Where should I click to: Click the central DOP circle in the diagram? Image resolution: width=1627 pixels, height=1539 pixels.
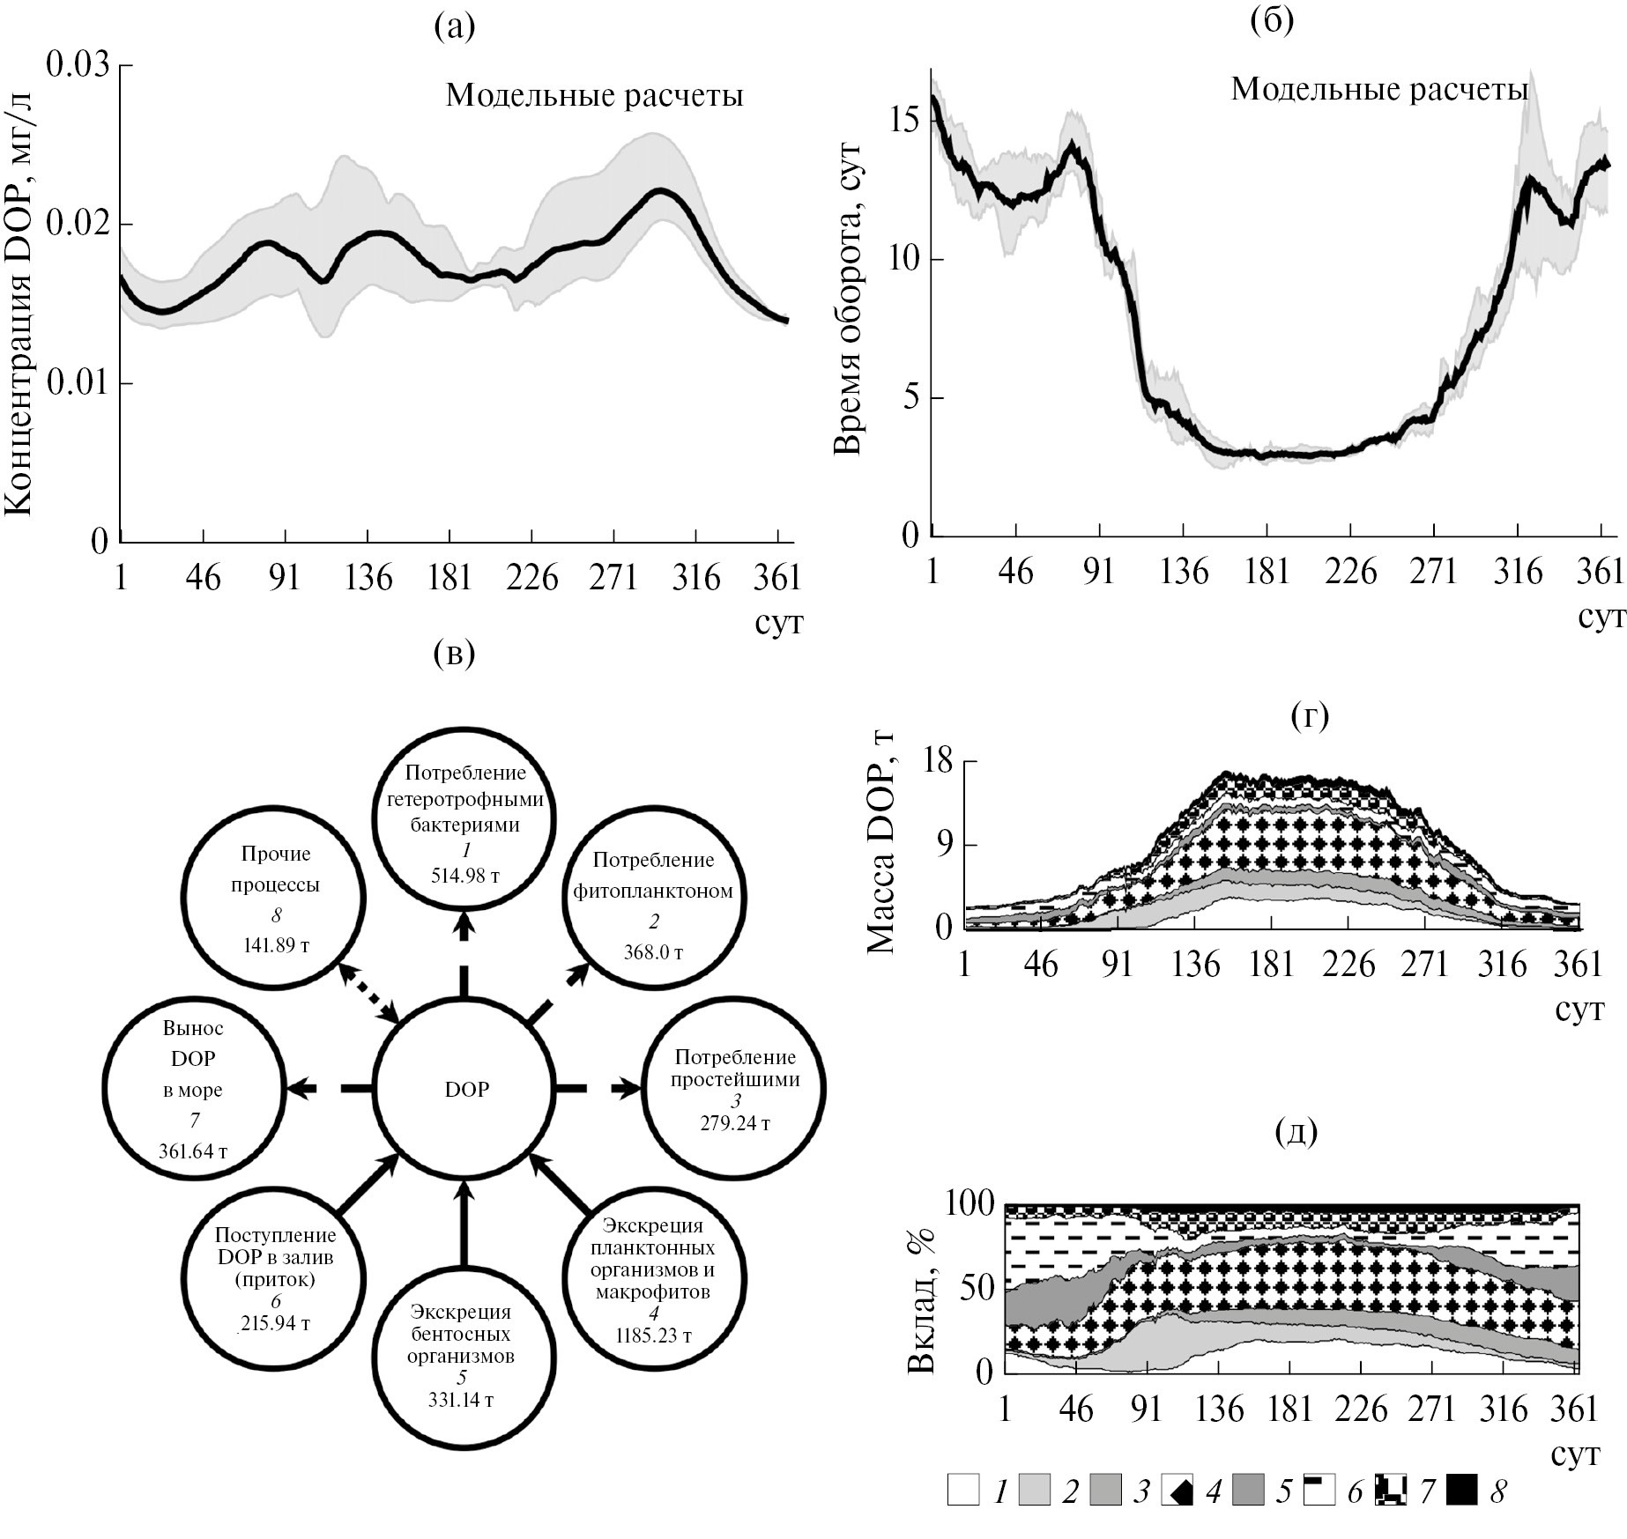pyautogui.click(x=465, y=1089)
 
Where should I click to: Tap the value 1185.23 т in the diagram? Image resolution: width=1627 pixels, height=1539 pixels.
pyautogui.click(x=654, y=1336)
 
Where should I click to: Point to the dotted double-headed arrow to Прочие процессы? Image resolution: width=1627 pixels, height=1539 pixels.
pyautogui.click(x=369, y=993)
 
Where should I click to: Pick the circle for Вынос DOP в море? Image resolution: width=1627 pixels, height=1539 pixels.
pyautogui.click(x=193, y=1089)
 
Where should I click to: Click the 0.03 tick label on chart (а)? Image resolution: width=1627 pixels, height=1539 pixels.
pyautogui.click(x=78, y=65)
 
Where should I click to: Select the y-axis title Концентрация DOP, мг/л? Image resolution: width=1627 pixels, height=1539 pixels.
pyautogui.click(x=19, y=303)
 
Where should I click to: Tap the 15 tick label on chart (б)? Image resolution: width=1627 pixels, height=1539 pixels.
pyautogui.click(x=904, y=121)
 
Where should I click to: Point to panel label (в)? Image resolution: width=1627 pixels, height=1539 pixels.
pyautogui.click(x=455, y=653)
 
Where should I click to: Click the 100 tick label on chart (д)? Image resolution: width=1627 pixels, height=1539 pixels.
pyautogui.click(x=969, y=1202)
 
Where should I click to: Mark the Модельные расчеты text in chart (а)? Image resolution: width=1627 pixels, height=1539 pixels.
pyautogui.click(x=594, y=95)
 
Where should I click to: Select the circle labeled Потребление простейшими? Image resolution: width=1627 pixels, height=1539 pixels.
pyautogui.click(x=735, y=1089)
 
